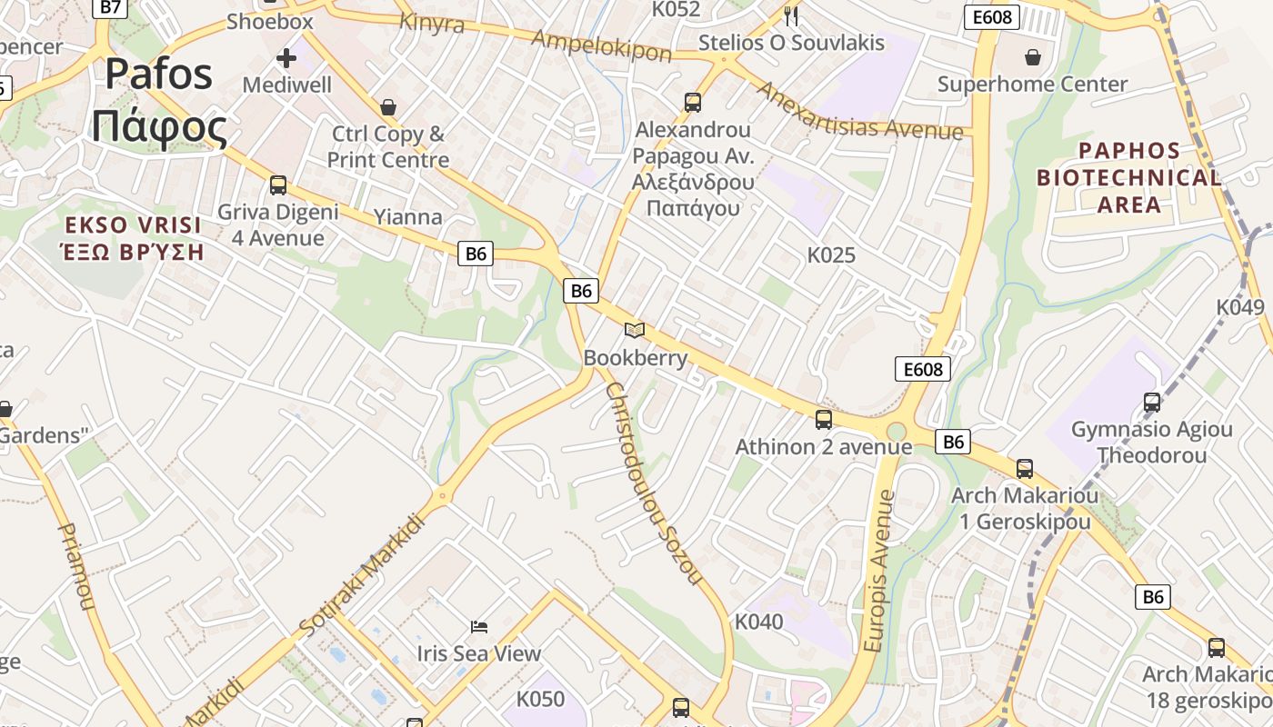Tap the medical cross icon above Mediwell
click(x=286, y=59)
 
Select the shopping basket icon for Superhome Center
click(x=1033, y=58)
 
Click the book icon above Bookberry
click(x=635, y=331)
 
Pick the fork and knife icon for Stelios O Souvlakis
click(x=791, y=15)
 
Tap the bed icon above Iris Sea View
click(x=479, y=626)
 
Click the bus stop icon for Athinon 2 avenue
click(x=824, y=420)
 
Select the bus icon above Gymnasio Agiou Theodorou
click(x=1152, y=402)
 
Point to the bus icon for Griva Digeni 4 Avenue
click(x=278, y=185)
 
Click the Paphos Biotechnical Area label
click(x=1129, y=177)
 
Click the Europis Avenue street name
click(x=879, y=571)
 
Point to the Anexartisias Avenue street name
click(x=859, y=111)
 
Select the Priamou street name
click(x=76, y=565)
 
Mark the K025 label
click(x=831, y=255)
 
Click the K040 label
click(x=758, y=622)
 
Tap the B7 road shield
click(x=109, y=7)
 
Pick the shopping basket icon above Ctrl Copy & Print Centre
click(x=388, y=107)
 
